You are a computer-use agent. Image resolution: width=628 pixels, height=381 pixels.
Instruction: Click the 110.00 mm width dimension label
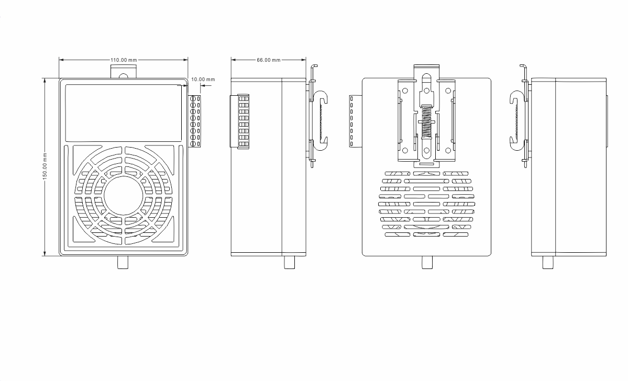(x=124, y=60)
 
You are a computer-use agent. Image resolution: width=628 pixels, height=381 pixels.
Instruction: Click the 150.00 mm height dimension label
(x=45, y=166)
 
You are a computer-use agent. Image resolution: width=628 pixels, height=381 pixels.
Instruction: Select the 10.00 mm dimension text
(x=203, y=79)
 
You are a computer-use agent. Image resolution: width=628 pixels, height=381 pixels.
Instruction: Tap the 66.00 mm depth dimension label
(x=268, y=60)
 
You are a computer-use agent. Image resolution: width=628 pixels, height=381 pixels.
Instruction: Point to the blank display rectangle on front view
(x=123, y=113)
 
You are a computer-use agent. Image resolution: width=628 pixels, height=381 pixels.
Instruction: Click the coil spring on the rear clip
(x=426, y=121)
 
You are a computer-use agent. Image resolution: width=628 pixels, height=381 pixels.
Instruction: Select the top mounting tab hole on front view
(x=124, y=76)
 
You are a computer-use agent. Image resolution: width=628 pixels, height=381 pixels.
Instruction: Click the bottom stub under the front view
(x=123, y=263)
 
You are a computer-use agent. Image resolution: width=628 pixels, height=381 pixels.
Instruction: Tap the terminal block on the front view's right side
(x=195, y=121)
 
